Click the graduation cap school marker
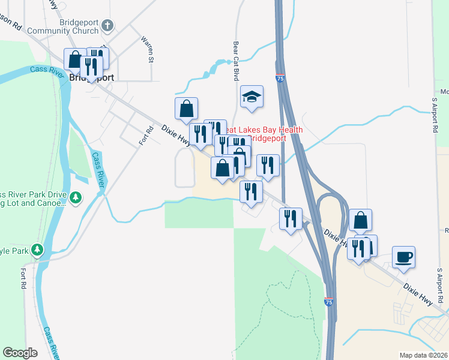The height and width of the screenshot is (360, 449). pos(252,97)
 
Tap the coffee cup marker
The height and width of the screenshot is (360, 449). pos(403,257)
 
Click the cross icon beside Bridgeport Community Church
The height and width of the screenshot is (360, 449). pos(107,26)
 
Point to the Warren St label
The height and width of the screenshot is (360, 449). pos(147,50)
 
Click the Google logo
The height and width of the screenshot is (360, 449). pos(20,352)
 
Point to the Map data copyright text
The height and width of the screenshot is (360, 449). pos(423,355)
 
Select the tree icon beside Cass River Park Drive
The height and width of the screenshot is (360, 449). pos(76,197)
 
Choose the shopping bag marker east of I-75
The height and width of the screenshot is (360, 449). pos(360,220)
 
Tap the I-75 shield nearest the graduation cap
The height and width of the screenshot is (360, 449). pos(280,78)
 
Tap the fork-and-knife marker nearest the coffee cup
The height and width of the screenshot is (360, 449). pos(358,248)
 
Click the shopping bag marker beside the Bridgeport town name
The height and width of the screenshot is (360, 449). pos(74,59)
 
